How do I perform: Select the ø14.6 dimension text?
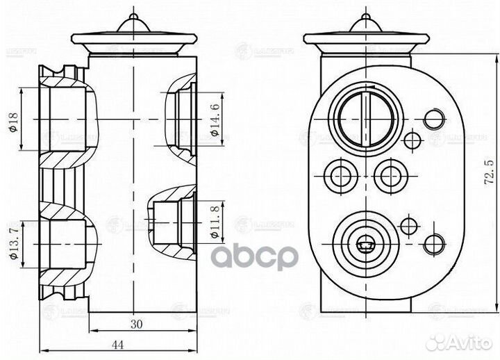[216, 119]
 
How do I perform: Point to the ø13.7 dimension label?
[13, 244]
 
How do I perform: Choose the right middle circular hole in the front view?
[390, 174]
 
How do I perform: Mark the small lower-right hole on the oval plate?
[434, 243]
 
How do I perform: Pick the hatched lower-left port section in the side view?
[66, 243]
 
